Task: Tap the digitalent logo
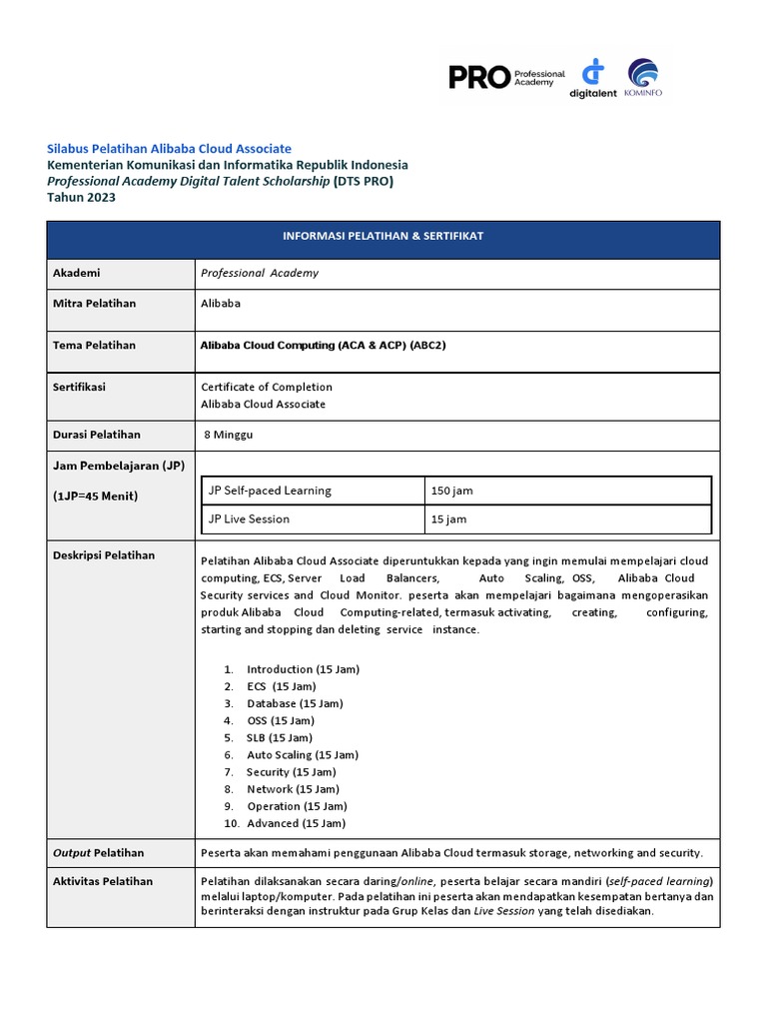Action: click(x=593, y=77)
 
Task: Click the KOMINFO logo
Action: click(x=642, y=77)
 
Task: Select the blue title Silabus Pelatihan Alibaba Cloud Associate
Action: click(x=170, y=148)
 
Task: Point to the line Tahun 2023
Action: click(x=82, y=198)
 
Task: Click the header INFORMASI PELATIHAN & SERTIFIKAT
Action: click(x=383, y=236)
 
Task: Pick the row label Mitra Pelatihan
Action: click(x=94, y=303)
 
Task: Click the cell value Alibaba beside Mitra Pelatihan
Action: click(x=221, y=303)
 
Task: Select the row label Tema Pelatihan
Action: click(x=93, y=345)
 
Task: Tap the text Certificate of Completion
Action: click(x=267, y=387)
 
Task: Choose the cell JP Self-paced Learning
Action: click(x=270, y=491)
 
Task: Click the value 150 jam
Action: click(x=452, y=492)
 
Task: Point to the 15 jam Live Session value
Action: click(x=448, y=519)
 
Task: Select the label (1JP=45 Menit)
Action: click(x=95, y=497)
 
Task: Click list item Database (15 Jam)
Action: click(x=295, y=703)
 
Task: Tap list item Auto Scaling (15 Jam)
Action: click(x=303, y=755)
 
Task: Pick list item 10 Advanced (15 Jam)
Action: click(x=296, y=823)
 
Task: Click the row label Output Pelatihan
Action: click(x=98, y=853)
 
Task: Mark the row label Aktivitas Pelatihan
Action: click(x=102, y=881)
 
